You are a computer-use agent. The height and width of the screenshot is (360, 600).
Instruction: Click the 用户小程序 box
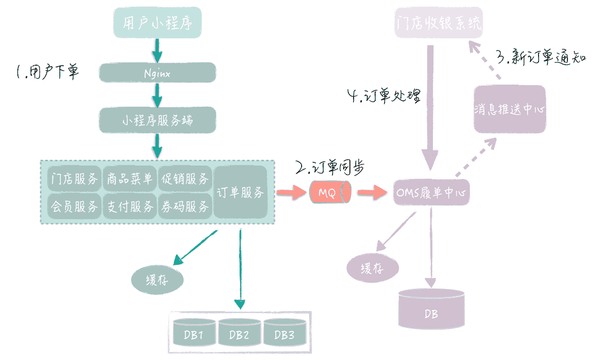[158, 24]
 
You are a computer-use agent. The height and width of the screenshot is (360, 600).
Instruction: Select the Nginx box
[158, 73]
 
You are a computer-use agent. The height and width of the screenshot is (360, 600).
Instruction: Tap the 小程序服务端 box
[158, 120]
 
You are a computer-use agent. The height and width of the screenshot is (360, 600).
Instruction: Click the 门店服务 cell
[74, 179]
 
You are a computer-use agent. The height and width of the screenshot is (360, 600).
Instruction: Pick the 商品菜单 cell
[129, 179]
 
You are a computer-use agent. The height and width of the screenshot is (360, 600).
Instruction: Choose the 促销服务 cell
[185, 179]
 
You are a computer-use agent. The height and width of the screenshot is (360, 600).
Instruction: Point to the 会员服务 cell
[74, 207]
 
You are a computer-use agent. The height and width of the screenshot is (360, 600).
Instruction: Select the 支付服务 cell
[129, 207]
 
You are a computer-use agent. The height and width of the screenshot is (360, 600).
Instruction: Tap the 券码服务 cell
[185, 207]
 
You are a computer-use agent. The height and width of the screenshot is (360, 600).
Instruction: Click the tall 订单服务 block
[241, 192]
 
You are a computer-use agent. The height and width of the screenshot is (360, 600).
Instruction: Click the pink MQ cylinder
[328, 193]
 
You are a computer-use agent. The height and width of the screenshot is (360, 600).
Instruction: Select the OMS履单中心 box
[431, 193]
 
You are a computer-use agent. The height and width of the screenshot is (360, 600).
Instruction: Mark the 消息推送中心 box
[509, 110]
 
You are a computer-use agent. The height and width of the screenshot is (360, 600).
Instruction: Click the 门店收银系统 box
[438, 23]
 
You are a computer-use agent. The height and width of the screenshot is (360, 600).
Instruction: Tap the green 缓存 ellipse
[158, 280]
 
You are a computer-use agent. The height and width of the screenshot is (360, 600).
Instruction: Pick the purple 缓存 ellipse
[373, 269]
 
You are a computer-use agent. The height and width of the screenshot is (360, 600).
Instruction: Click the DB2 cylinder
[240, 334]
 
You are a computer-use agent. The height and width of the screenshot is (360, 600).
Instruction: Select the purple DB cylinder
[431, 313]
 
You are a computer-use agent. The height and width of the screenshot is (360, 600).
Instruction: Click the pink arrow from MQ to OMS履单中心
[370, 193]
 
